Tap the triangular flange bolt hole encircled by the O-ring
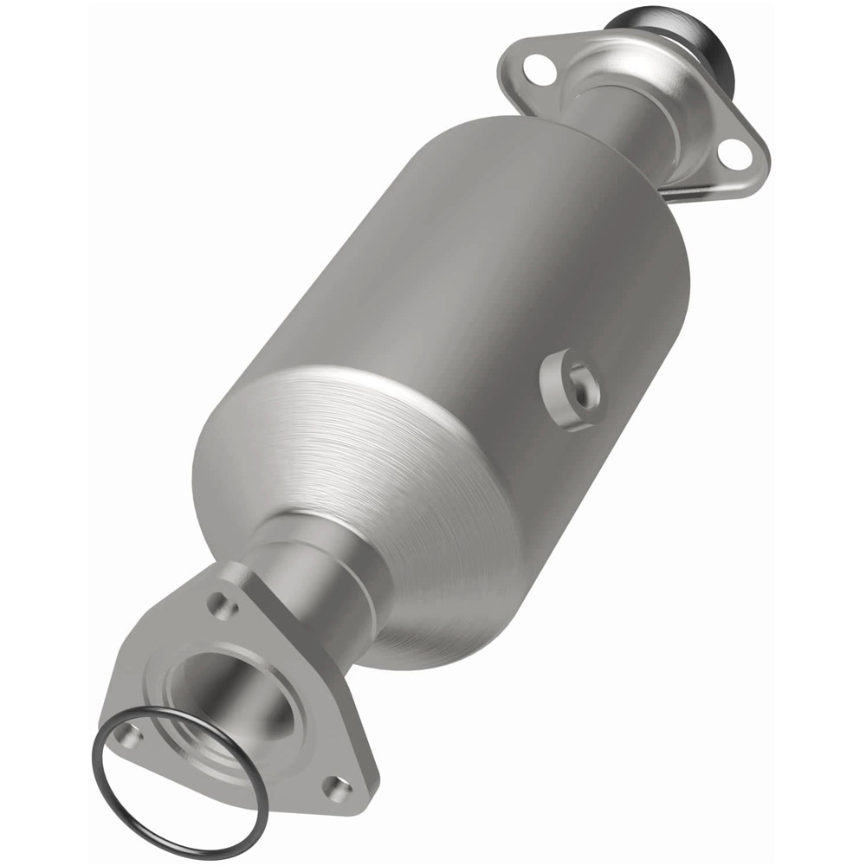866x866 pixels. point(129,735)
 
